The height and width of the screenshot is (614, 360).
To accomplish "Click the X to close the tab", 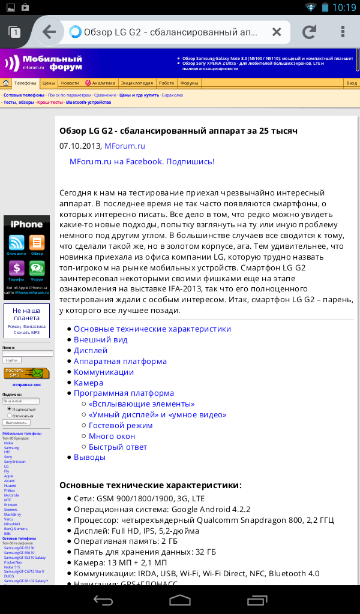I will pos(277,32).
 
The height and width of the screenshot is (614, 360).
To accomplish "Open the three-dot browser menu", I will pos(343,32).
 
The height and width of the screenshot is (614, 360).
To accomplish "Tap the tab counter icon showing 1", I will pos(15,32).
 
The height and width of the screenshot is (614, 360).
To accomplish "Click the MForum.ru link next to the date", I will pos(125,146).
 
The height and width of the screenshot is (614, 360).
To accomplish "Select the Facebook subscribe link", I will pos(142,161).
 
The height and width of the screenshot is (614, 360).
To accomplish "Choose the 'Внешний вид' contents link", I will pos(100,339).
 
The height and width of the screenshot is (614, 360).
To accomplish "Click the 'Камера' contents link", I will pos(88,383).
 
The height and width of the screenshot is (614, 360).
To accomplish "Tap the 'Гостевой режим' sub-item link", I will pos(121,425).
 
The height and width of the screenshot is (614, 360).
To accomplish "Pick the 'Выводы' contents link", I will pos(89,457).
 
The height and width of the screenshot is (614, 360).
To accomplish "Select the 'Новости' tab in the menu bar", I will pos(70,83).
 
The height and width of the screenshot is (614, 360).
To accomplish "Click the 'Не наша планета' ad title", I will pos(26,315).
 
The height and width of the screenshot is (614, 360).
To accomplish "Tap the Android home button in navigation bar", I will pos(180,600).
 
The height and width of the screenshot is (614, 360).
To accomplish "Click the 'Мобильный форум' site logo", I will pos(43,62).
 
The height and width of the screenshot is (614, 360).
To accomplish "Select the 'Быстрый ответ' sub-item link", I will pos(118,447).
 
